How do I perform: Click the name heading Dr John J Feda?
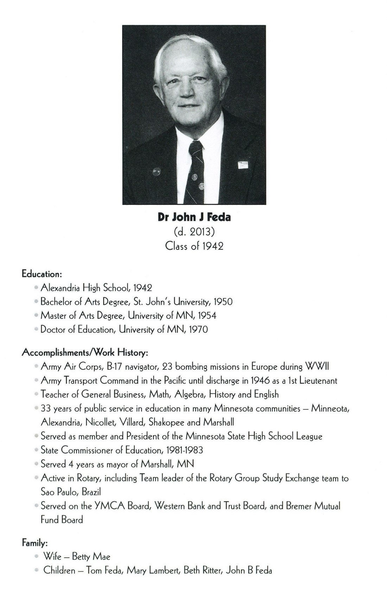click(194, 218)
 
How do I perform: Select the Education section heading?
click(42, 273)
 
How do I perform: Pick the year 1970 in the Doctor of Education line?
click(198, 329)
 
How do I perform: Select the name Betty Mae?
click(91, 557)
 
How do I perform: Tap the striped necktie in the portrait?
click(196, 169)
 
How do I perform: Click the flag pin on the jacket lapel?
click(242, 164)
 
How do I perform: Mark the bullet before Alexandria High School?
click(36, 288)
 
